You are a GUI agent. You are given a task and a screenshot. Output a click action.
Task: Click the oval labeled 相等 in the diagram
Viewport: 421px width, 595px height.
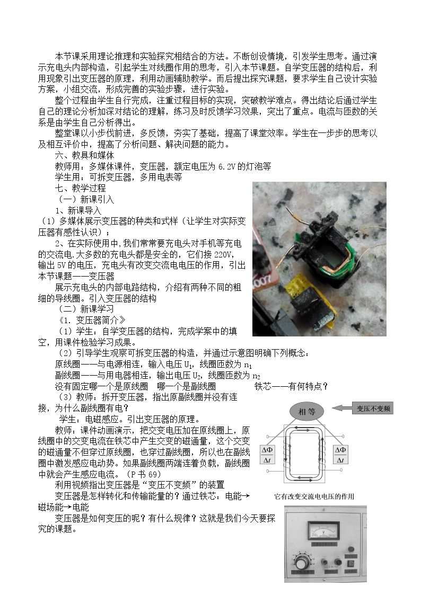click(x=307, y=411)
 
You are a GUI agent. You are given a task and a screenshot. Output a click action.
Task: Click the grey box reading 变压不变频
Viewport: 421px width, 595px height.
click(x=373, y=408)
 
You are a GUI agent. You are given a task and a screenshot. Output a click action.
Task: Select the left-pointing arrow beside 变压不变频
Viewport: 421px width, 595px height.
click(x=341, y=408)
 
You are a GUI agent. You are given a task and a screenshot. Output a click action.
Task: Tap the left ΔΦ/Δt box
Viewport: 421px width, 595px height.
click(x=267, y=455)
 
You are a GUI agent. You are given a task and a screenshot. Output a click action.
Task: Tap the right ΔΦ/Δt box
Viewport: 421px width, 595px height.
click(x=340, y=455)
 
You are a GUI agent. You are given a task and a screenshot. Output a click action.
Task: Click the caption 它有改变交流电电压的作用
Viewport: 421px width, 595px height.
click(x=314, y=496)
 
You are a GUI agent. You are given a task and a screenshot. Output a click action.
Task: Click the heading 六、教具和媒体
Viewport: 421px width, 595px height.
click(x=85, y=155)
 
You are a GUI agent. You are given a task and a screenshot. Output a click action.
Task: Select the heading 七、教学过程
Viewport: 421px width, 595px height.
click(x=81, y=188)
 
